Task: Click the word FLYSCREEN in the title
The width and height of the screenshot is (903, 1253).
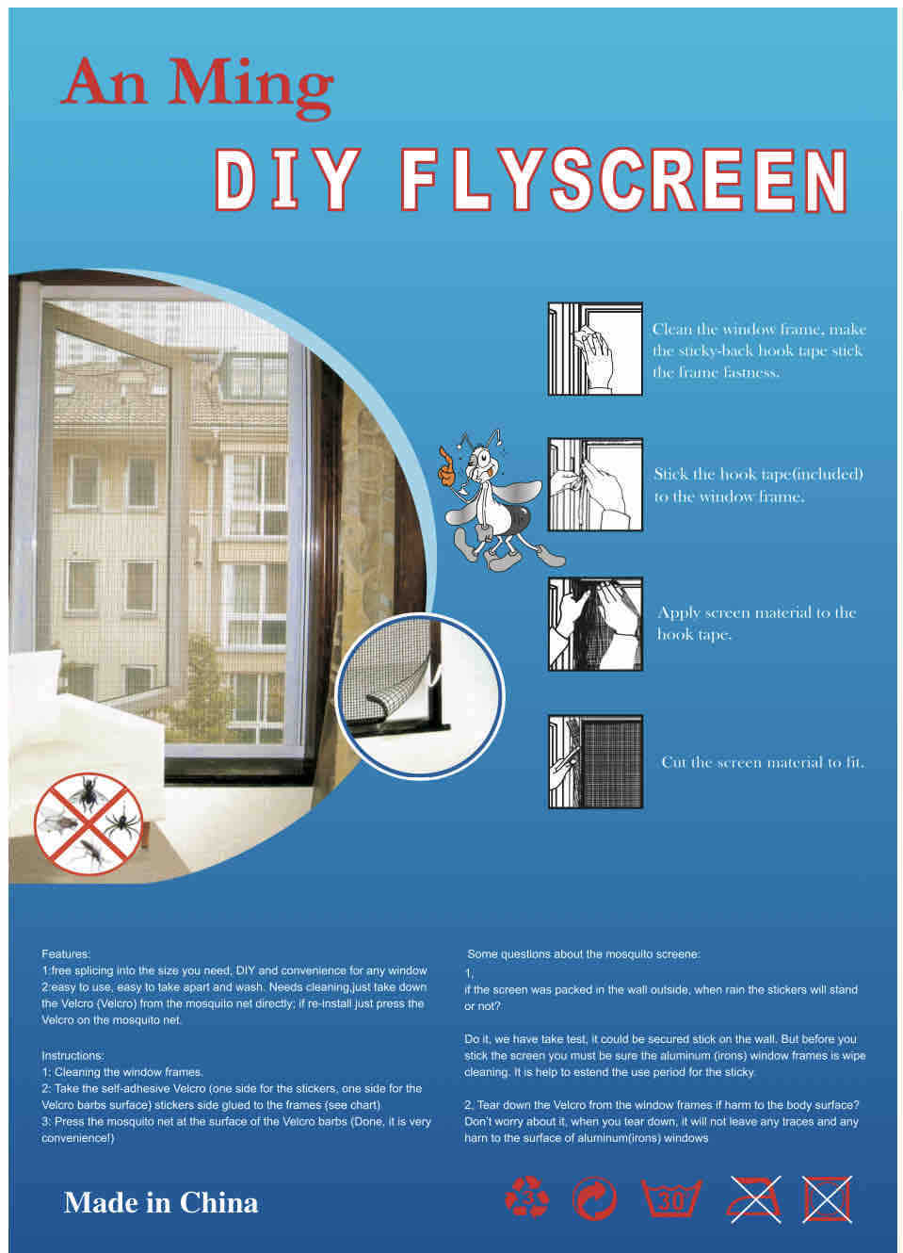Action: [624, 180]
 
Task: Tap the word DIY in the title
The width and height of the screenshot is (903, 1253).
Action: [287, 180]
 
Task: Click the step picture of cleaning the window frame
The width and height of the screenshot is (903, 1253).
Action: [595, 349]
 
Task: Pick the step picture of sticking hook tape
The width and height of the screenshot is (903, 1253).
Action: [595, 484]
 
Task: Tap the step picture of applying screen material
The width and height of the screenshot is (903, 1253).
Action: [595, 624]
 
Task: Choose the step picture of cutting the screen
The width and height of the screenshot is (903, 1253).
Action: [595, 761]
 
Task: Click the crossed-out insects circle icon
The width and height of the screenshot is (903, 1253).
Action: [89, 823]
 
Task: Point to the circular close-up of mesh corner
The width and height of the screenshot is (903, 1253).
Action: [420, 696]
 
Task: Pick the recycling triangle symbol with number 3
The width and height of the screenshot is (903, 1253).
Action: [526, 1197]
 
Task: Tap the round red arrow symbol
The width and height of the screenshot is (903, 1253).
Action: [594, 1198]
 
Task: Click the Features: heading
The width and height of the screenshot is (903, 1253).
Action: [66, 953]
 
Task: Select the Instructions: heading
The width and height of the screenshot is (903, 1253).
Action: [73, 1055]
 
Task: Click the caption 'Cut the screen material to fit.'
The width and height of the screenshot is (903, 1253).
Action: [763, 762]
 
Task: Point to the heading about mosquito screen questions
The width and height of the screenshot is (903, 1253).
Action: [583, 953]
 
